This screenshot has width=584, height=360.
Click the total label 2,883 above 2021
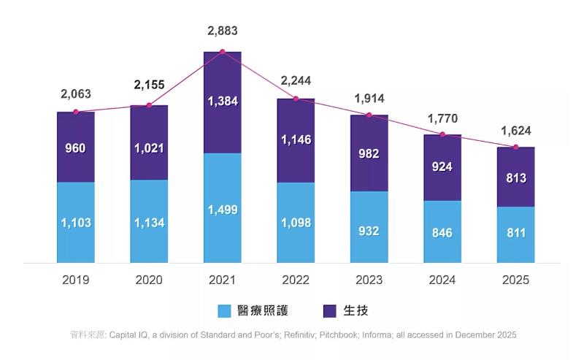point(222,31)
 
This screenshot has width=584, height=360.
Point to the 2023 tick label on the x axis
point(369,280)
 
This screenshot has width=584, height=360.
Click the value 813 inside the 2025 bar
point(515,178)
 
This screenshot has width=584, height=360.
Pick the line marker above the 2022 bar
point(296,99)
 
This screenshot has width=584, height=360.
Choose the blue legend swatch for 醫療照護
point(226,311)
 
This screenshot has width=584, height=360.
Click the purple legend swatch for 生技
point(329,311)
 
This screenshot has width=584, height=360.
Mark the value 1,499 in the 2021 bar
point(222,210)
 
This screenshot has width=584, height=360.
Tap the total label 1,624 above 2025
point(515,131)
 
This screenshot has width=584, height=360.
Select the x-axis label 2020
point(149,280)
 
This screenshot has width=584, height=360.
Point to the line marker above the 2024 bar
point(442,134)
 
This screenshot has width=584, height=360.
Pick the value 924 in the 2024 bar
point(442,167)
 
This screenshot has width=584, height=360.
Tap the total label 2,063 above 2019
point(76,94)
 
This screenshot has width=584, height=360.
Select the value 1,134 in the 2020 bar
point(149,222)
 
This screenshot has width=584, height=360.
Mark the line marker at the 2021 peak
point(222,52)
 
